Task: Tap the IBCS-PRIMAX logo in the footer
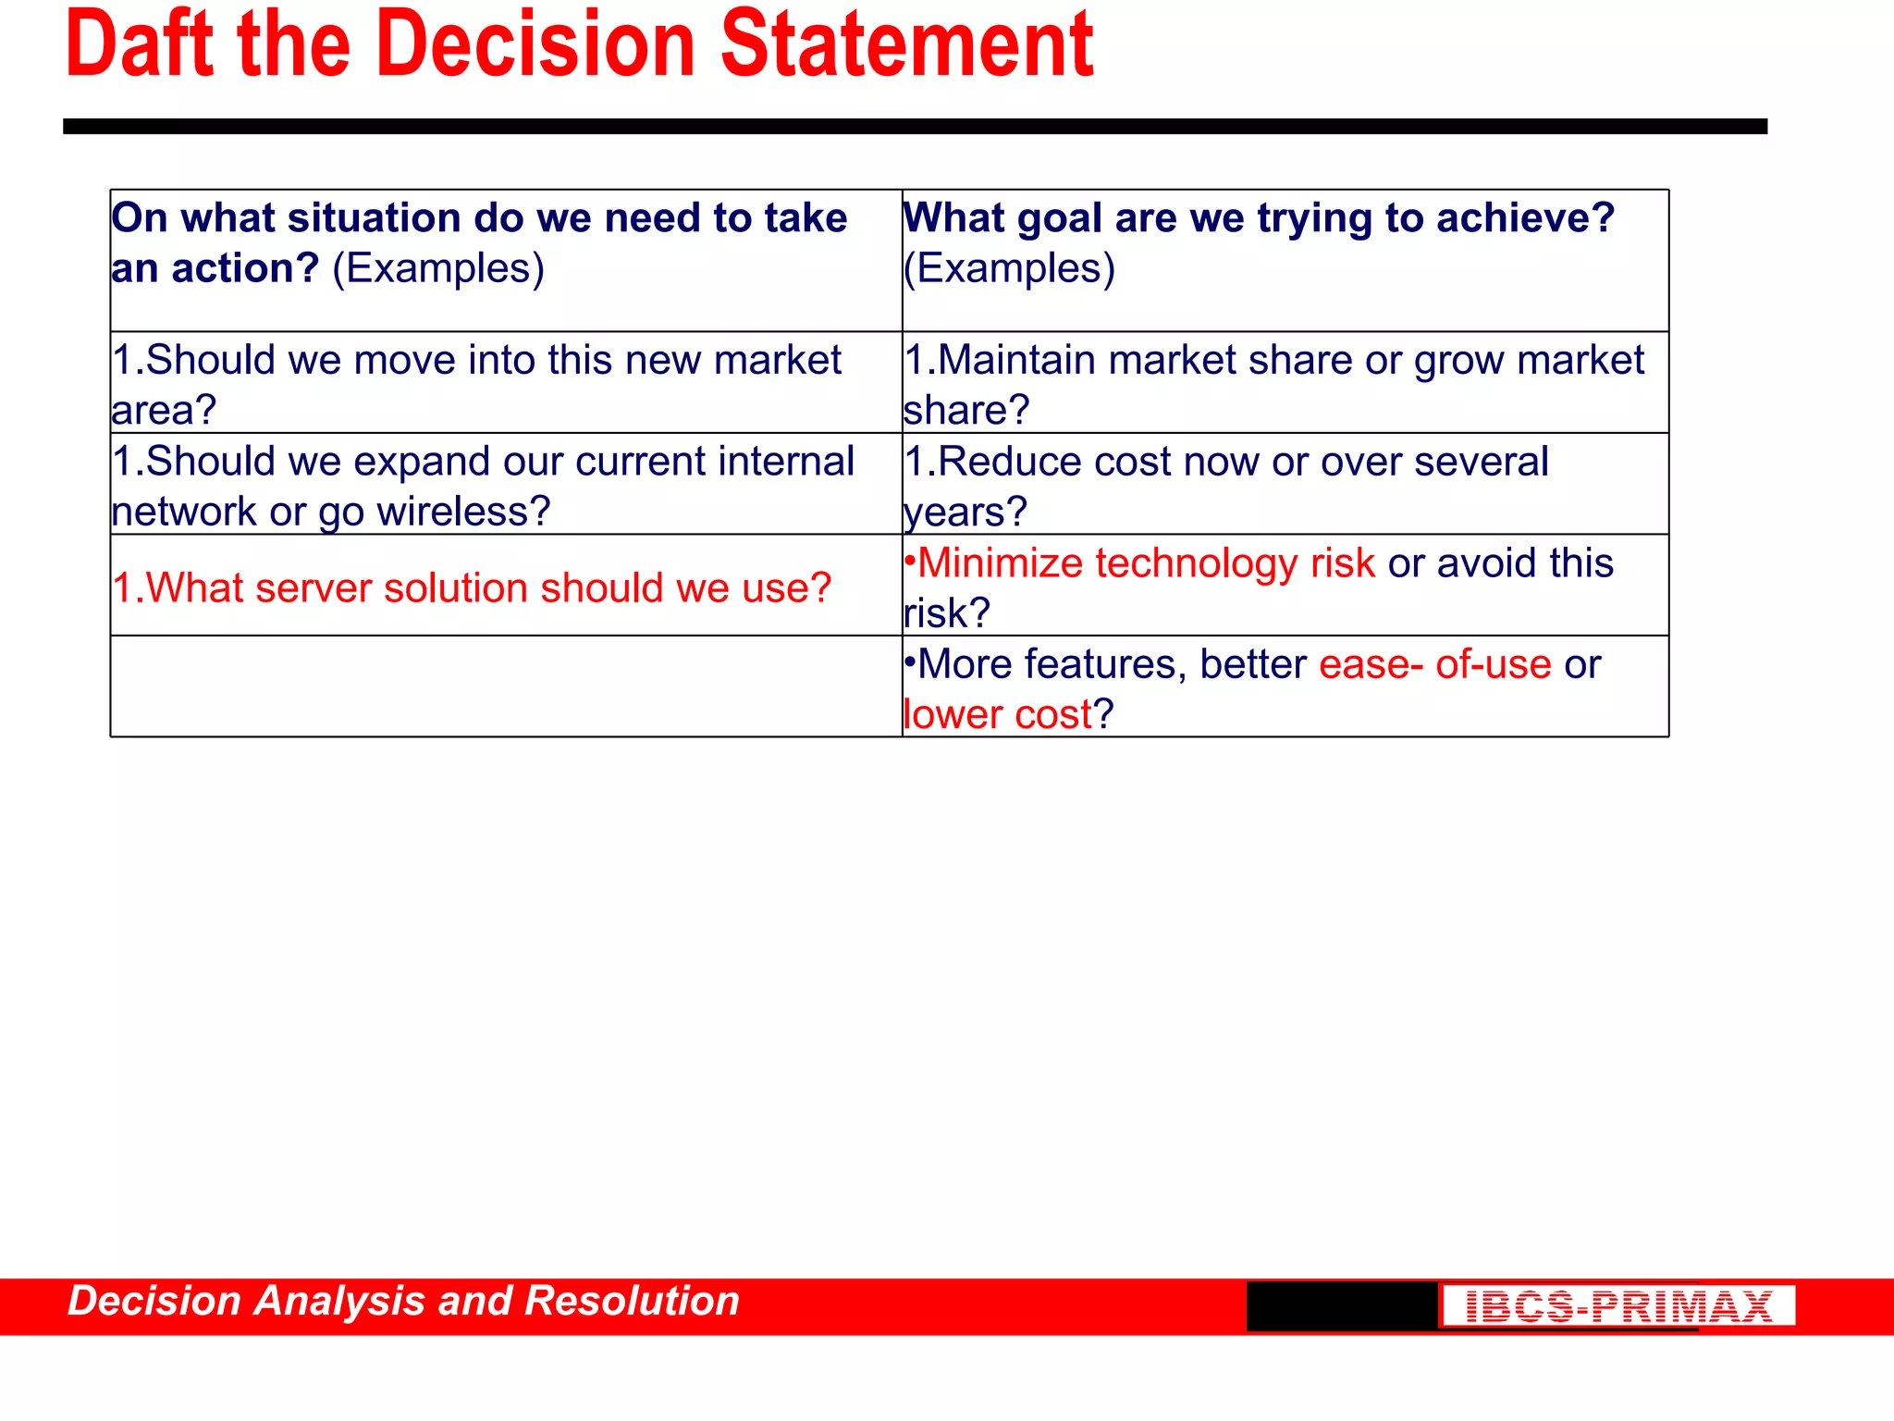tap(1617, 1306)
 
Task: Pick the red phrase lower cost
tap(998, 714)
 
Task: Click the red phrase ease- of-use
tap(1434, 664)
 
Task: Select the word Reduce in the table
tap(1009, 462)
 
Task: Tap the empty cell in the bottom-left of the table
tap(505, 686)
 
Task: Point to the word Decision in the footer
tap(154, 1301)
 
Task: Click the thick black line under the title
tap(915, 127)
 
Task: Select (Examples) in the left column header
tap(438, 268)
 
